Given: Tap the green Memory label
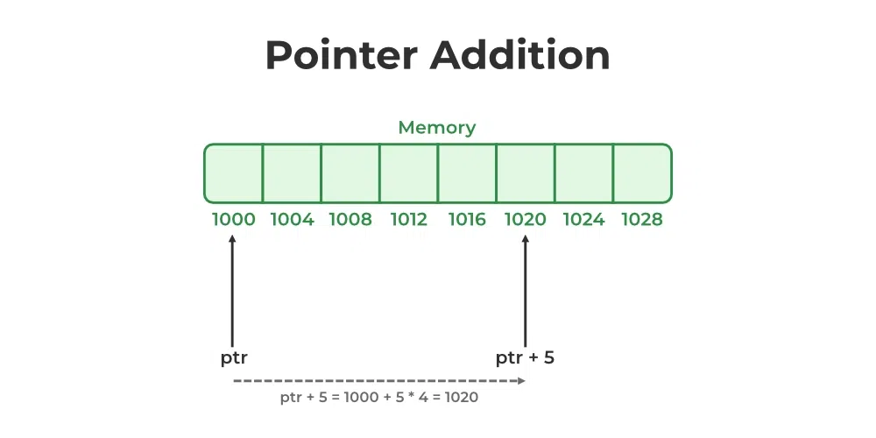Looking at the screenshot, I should pyautogui.click(x=437, y=128).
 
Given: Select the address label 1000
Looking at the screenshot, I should pyautogui.click(x=234, y=219).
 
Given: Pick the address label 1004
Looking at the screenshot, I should pyautogui.click(x=293, y=219).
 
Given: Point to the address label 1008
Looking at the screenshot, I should pyautogui.click(x=350, y=219).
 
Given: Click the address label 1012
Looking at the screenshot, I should pyautogui.click(x=408, y=219).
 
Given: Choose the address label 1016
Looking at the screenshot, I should pyautogui.click(x=467, y=219).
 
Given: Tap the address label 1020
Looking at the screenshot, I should pyautogui.click(x=526, y=219).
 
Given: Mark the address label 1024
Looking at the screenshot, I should pyautogui.click(x=583, y=219).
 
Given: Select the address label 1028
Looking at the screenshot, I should pyautogui.click(x=642, y=219).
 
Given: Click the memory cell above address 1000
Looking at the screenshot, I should pyautogui.click(x=234, y=173).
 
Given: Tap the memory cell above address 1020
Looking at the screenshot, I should pyautogui.click(x=526, y=173).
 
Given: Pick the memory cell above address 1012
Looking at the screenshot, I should pyautogui.click(x=408, y=173).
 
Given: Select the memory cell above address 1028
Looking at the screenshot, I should pyautogui.click(x=642, y=173).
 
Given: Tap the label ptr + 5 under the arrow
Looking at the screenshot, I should pyautogui.click(x=525, y=358).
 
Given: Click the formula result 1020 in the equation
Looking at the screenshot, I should pyautogui.click(x=461, y=397).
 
